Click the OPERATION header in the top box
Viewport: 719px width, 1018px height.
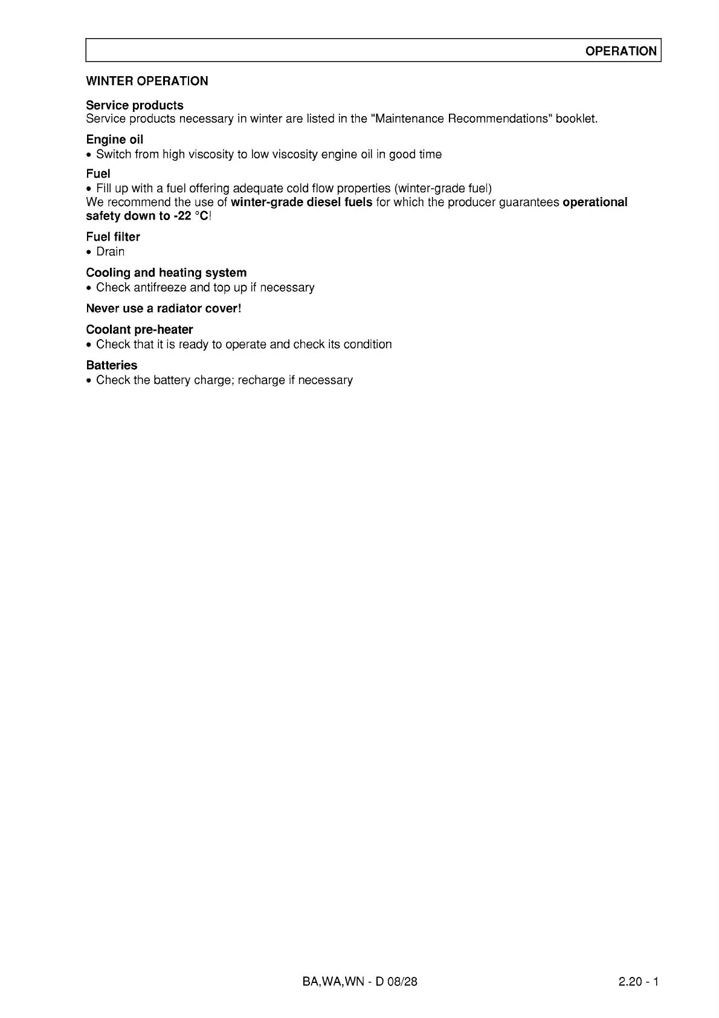coord(621,51)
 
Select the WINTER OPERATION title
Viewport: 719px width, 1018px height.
coord(147,81)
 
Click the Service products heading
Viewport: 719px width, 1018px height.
coord(135,105)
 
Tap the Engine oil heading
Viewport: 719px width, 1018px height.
coord(115,140)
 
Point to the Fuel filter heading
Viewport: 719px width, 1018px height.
coord(113,237)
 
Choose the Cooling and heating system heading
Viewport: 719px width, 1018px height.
coord(166,273)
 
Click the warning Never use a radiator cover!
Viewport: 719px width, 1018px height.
coord(164,308)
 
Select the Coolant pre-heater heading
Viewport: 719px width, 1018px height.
coord(140,329)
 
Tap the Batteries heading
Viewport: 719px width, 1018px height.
coord(112,365)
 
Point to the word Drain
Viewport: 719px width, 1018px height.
coord(110,251)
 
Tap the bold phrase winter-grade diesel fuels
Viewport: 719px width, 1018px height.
coord(301,202)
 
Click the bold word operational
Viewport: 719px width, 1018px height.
coord(595,202)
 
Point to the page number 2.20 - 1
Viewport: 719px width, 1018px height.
coord(638,981)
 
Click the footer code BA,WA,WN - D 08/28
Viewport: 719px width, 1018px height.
coord(359,981)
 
